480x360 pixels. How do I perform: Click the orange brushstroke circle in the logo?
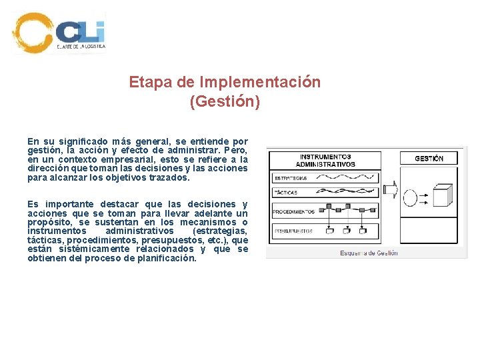click(x=32, y=33)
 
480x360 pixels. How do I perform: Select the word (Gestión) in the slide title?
click(x=225, y=102)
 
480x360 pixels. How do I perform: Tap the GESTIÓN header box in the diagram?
click(x=429, y=159)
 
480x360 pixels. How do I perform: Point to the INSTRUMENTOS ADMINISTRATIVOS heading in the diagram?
click(x=326, y=161)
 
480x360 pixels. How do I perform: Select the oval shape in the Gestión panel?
click(x=413, y=199)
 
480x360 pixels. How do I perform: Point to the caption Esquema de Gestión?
click(x=369, y=253)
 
